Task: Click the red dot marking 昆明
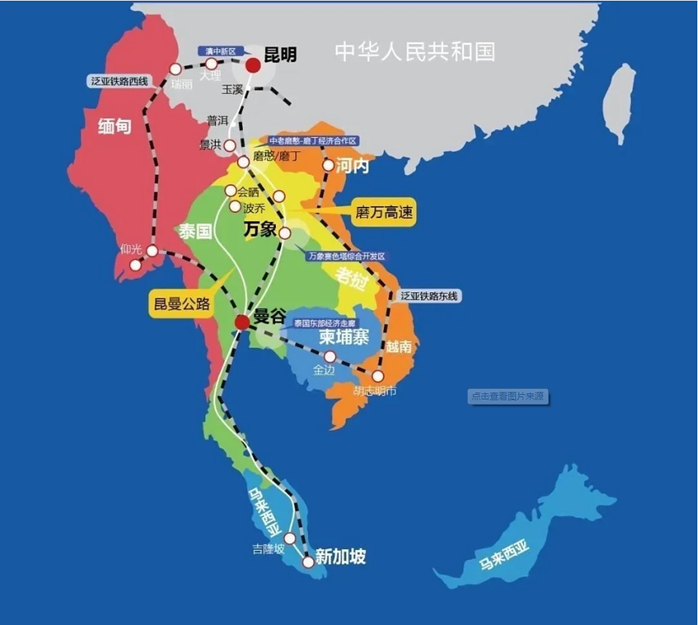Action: (253, 65)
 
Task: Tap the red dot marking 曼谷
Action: (242, 322)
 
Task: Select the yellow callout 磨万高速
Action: (384, 212)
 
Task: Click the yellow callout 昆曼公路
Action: (182, 304)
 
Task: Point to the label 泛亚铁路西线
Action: (119, 81)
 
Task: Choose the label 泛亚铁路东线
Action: (429, 296)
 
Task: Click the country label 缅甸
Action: (115, 126)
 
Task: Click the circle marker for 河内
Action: (328, 166)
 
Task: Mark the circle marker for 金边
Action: (330, 356)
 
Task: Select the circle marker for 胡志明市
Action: (378, 376)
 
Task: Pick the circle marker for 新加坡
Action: (308, 562)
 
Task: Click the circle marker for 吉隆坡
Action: (290, 539)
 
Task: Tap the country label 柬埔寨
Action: (344, 337)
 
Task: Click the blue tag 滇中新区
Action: (221, 51)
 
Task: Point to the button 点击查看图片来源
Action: (508, 396)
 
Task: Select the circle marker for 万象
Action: (285, 233)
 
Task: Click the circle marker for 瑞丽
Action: (175, 69)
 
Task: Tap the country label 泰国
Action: (195, 231)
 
